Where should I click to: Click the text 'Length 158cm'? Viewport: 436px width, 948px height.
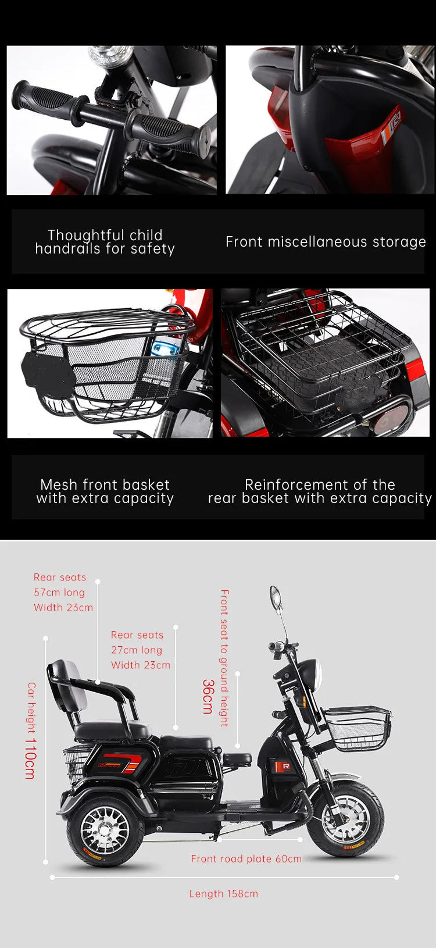pos(223,893)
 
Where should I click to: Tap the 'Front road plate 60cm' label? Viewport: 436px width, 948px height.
pos(246,858)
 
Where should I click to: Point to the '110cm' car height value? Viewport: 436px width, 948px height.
pos(30,758)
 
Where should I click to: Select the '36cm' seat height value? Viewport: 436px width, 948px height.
pos(208,696)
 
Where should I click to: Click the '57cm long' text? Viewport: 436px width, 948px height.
pos(59,592)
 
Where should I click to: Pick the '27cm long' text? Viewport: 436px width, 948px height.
pos(137,650)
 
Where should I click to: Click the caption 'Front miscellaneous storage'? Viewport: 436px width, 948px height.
pos(326,242)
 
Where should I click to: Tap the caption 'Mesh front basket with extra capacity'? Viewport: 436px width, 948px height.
pos(105,491)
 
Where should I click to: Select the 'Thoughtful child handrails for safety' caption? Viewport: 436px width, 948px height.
pos(105,242)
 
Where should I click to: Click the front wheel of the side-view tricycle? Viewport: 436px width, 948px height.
pos(345,819)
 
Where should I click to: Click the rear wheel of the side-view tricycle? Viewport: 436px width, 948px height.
pos(105,831)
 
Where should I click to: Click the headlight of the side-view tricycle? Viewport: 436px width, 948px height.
pos(312,676)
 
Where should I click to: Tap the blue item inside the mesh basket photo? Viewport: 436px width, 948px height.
pos(167,349)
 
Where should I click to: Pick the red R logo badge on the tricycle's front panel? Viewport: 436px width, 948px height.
pos(286,766)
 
